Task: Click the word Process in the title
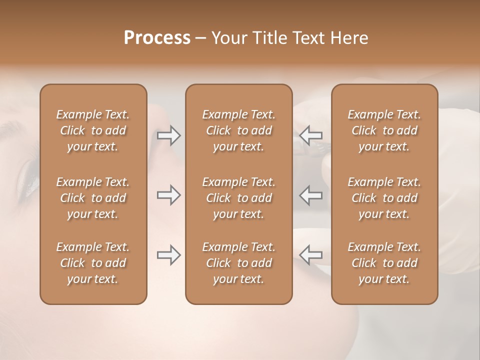(157, 38)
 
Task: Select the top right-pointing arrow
(169, 135)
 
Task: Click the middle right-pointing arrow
(169, 195)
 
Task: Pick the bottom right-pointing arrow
(169, 255)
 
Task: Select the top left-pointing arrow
(311, 135)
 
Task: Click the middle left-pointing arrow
(311, 195)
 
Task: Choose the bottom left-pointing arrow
(311, 255)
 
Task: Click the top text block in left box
(93, 130)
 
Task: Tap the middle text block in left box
(93, 198)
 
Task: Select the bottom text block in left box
(93, 263)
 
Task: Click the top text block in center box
(238, 130)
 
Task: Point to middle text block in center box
(238, 198)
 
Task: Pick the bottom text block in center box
(238, 263)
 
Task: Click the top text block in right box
(384, 130)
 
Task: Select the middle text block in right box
(384, 198)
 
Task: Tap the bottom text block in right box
(384, 263)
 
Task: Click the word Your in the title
(231, 38)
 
